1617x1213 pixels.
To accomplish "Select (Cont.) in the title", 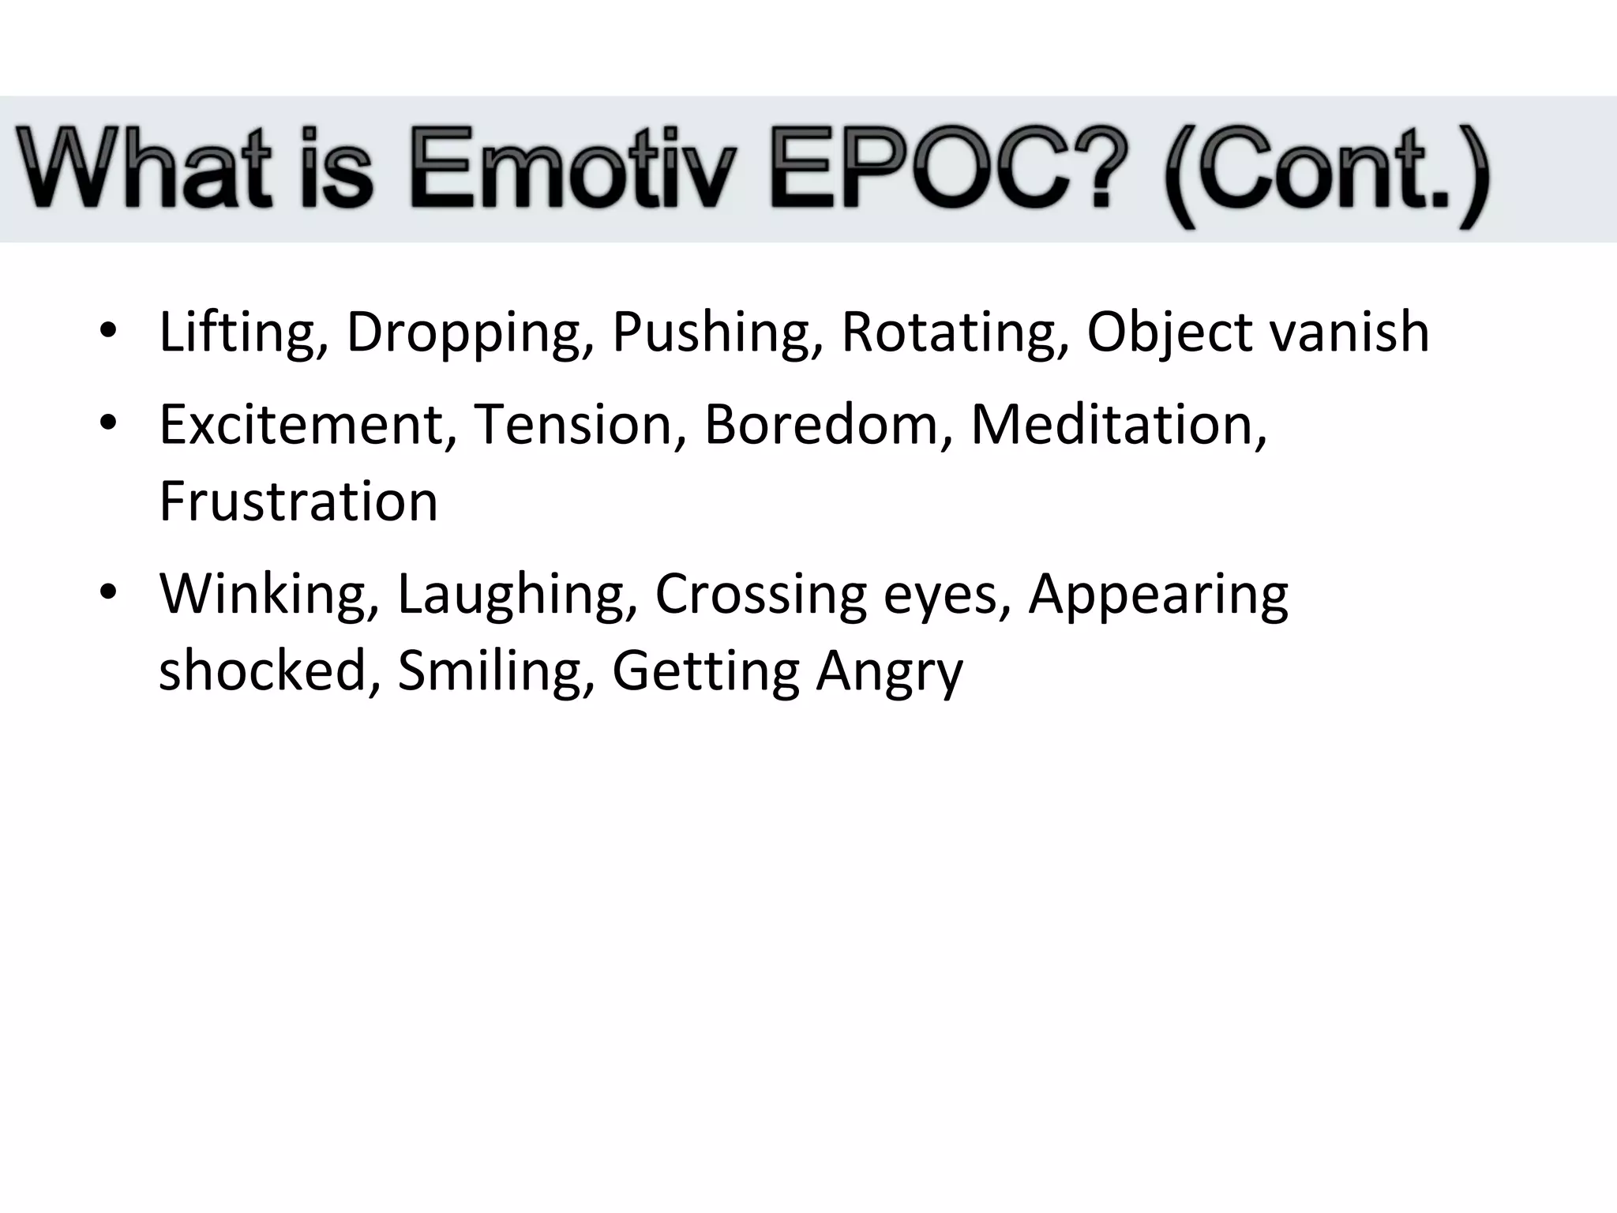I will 1326,174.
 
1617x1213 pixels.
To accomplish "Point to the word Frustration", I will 298,501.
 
